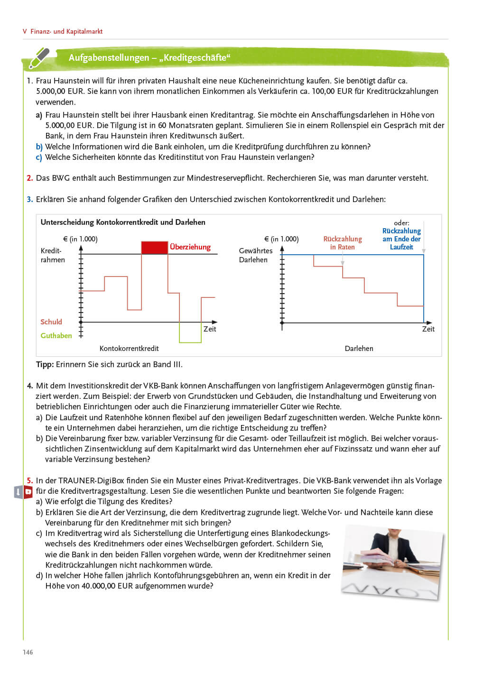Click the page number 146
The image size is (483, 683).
click(x=28, y=652)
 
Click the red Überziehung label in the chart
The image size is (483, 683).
click(x=190, y=247)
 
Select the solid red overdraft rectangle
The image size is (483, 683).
click(x=155, y=248)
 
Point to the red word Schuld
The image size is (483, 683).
click(x=51, y=322)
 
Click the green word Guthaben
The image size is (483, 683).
click(x=56, y=336)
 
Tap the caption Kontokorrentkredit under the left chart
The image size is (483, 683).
click(x=129, y=349)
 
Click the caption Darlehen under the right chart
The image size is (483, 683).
click(x=359, y=349)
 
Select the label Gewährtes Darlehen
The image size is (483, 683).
click(x=255, y=255)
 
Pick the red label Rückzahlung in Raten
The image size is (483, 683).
click(x=343, y=243)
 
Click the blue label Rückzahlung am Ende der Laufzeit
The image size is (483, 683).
click(x=401, y=239)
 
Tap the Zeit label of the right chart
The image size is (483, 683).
click(x=428, y=329)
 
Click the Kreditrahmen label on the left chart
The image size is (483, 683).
click(x=52, y=255)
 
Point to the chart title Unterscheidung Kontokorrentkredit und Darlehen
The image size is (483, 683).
click(x=123, y=222)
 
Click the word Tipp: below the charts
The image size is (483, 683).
click(x=45, y=365)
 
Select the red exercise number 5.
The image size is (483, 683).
click(x=29, y=480)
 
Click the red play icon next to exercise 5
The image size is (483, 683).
click(x=28, y=492)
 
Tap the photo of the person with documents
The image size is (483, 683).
click(x=392, y=562)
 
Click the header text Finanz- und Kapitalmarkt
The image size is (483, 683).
click(x=66, y=32)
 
